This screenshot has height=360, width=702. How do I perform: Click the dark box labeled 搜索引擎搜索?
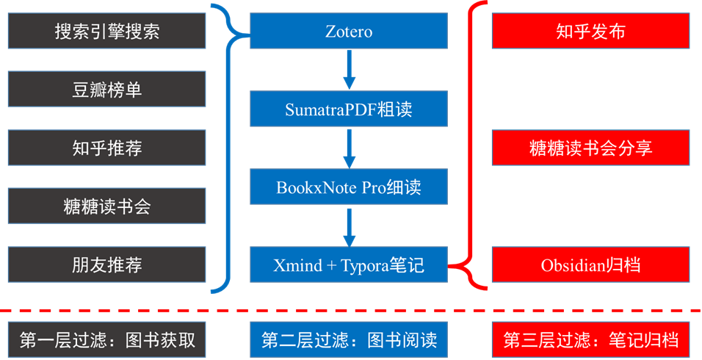107,32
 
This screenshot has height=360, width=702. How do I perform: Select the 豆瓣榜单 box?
107,90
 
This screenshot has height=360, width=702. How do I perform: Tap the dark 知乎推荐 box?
107,148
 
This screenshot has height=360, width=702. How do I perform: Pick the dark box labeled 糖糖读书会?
107,206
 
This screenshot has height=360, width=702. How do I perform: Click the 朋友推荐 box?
107,264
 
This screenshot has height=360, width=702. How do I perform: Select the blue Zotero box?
349,32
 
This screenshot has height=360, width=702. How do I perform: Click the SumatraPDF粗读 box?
349,109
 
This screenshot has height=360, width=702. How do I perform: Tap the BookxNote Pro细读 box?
349,187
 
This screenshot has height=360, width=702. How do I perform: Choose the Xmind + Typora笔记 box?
349,264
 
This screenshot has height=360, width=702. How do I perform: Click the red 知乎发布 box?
591,32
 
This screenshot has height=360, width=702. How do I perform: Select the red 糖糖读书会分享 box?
591,148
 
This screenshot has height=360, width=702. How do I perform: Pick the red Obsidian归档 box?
591,264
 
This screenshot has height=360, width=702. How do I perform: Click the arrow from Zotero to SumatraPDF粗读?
350,71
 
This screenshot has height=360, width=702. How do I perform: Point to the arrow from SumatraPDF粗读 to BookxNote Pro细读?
350,148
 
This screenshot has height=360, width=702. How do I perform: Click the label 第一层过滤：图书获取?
107,339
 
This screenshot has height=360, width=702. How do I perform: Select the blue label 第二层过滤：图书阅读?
349,339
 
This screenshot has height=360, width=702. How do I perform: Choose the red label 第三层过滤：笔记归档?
591,339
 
